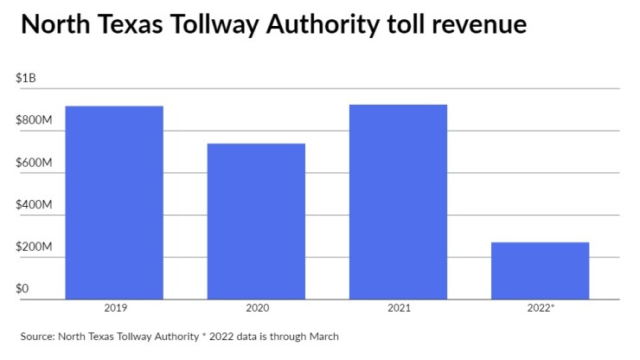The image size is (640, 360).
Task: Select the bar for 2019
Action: click(114, 202)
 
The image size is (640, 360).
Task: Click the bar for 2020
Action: click(256, 221)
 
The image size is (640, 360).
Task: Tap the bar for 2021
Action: click(398, 202)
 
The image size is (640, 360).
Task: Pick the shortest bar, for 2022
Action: click(540, 270)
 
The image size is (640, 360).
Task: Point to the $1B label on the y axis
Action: click(26, 78)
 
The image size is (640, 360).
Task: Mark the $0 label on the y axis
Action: click(23, 289)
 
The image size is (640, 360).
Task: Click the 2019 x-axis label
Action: click(114, 307)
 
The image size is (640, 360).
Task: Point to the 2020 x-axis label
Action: click(256, 307)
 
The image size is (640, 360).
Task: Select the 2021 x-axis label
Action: click(398, 307)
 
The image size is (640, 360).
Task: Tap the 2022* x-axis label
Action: click(541, 307)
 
